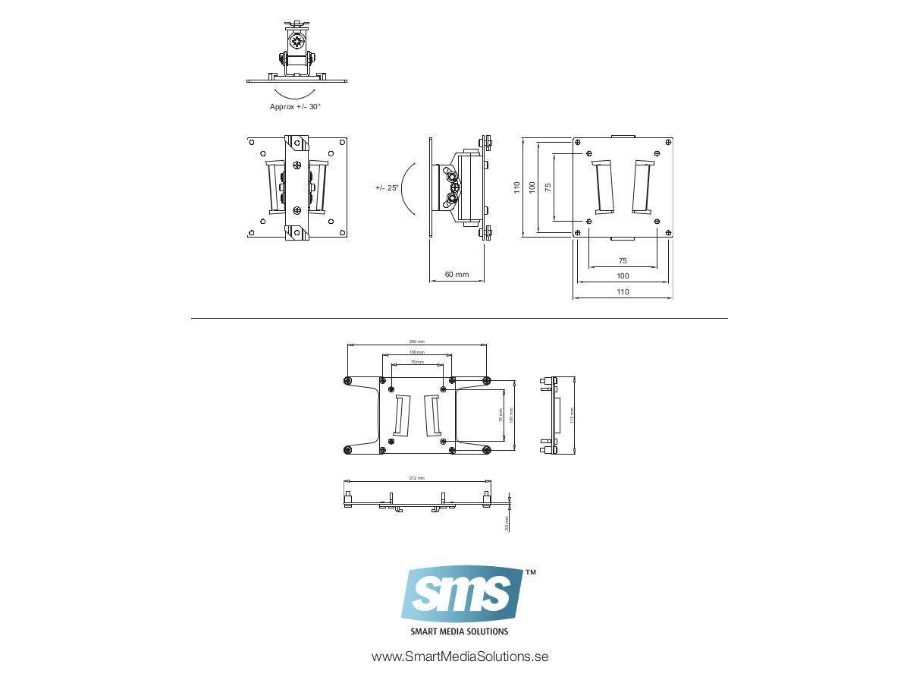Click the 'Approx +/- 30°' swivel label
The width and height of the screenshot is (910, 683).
pos(295,107)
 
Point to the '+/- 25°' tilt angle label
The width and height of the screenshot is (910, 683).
pos(387,187)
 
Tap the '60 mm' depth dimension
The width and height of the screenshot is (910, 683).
pos(457,275)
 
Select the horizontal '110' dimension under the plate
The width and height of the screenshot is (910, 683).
pos(623,292)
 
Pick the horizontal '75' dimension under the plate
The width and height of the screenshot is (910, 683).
pos(623,260)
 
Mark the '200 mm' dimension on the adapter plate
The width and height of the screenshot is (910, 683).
pos(416,341)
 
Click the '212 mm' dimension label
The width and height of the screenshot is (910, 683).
pos(416,478)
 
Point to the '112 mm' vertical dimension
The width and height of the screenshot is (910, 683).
pos(572,415)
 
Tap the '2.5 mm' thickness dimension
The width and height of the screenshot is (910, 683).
pos(507,524)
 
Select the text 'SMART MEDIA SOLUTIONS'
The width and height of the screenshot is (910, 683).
pos(459,631)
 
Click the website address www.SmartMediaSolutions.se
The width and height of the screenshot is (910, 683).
pos(460,656)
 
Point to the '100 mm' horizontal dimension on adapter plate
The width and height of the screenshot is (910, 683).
pos(416,352)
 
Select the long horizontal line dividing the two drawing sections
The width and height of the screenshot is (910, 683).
pos(459,318)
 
